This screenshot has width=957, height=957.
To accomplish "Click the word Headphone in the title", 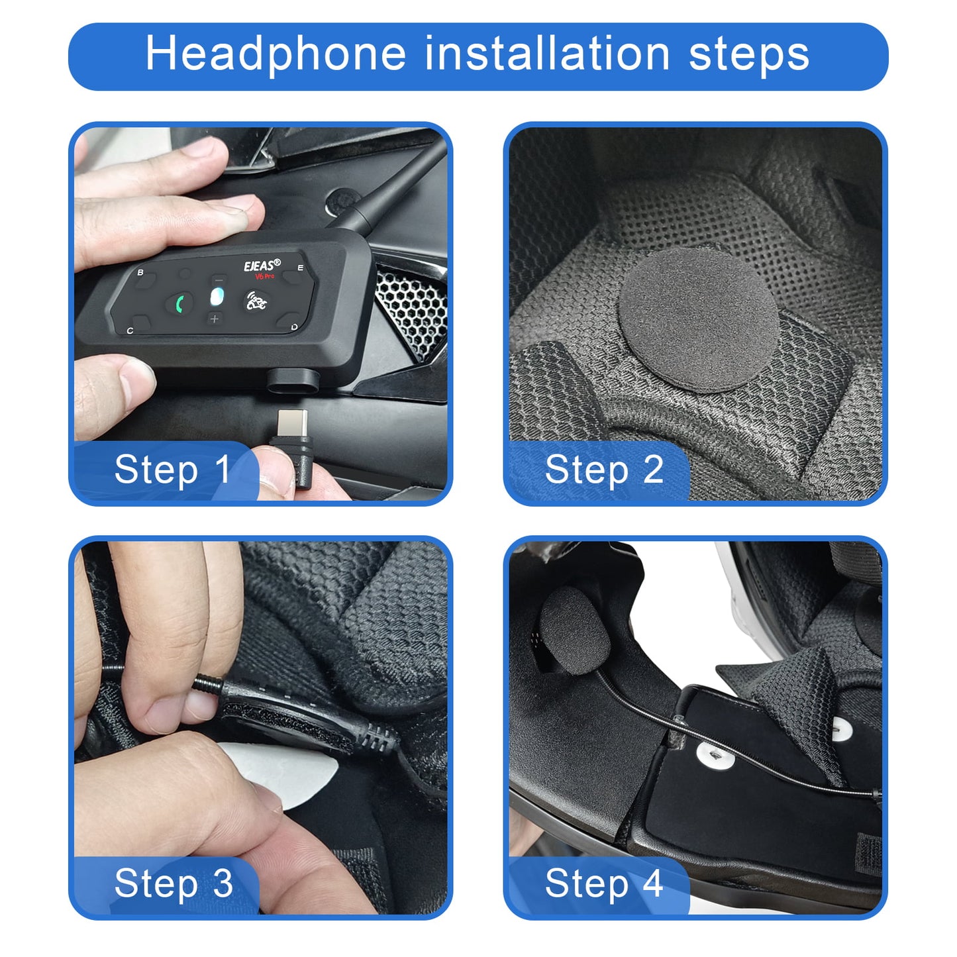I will tap(275, 54).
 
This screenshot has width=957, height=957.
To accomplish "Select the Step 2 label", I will tap(603, 470).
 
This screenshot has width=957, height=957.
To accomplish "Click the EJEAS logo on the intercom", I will tap(262, 266).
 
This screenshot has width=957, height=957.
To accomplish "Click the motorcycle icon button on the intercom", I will tap(256, 302).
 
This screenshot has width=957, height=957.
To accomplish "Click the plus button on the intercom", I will tap(214, 319).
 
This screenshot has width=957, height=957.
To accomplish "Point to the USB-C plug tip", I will tap(292, 423).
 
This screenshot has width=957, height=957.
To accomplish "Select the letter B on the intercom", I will tap(140, 272).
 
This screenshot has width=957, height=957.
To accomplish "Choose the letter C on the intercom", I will tap(130, 330).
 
